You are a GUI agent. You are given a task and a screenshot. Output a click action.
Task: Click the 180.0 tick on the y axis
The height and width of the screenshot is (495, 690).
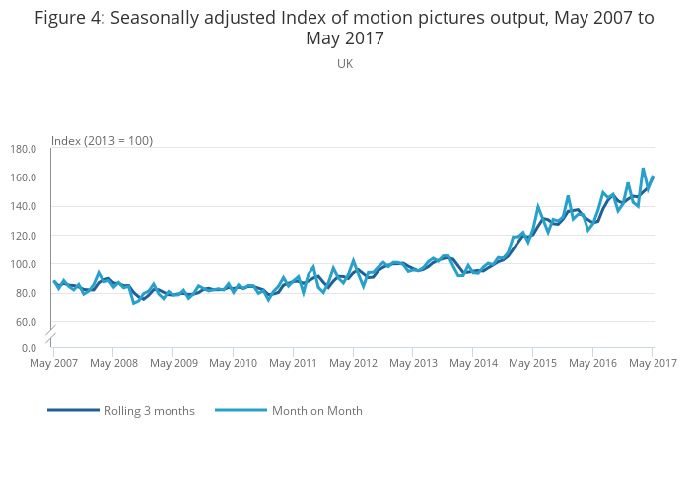tap(23, 149)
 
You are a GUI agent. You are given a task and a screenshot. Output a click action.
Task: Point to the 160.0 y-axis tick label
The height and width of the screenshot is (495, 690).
tap(23, 177)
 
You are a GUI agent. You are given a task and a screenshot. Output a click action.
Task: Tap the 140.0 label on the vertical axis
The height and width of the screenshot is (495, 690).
tap(23, 207)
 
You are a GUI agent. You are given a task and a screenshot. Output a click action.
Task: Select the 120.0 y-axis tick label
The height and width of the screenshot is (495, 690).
tap(23, 236)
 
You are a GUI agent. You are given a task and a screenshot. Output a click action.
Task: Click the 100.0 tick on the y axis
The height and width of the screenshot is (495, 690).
tap(23, 264)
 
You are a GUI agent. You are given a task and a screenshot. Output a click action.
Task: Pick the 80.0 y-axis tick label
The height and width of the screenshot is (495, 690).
tap(26, 293)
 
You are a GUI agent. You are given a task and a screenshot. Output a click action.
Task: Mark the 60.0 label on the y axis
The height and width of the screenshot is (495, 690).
tap(26, 322)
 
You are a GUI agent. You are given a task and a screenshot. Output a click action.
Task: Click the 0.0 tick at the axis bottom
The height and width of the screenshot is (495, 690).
tap(29, 348)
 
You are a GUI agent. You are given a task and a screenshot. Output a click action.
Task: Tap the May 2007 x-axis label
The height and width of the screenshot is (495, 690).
tap(53, 364)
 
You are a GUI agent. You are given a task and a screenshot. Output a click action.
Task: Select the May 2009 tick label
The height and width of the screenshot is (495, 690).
tap(172, 364)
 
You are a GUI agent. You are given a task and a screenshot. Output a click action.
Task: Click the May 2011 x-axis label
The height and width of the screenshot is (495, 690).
tap(293, 364)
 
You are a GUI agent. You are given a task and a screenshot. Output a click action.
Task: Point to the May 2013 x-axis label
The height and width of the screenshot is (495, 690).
tap(412, 364)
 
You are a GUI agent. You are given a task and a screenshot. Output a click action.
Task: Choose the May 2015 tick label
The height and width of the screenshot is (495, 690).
tap(532, 364)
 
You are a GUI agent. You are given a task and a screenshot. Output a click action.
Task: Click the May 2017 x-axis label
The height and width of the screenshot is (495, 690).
tap(651, 364)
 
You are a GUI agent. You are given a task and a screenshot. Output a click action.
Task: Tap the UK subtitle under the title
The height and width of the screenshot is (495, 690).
tap(345, 64)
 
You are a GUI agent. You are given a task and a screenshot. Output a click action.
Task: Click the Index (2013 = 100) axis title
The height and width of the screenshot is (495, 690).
tap(102, 141)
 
